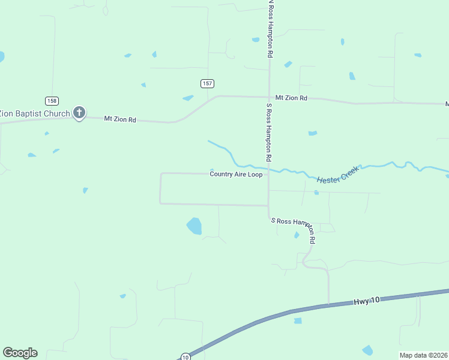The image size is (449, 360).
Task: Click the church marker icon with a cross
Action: (x=79, y=112)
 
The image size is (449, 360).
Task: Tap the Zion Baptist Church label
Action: (x=35, y=112)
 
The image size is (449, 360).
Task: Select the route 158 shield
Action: (x=52, y=100)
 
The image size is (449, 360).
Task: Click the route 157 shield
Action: (x=207, y=83)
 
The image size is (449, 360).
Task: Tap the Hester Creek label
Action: (x=337, y=174)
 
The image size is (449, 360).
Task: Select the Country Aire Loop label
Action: (x=236, y=174)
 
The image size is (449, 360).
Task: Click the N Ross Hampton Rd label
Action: (x=271, y=29)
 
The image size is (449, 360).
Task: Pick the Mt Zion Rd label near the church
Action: (x=120, y=119)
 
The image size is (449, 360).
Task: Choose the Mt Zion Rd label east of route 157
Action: (x=291, y=98)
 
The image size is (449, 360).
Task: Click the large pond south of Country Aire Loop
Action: (x=194, y=226)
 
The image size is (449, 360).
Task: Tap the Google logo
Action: (x=20, y=353)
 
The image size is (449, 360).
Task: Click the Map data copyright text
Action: (x=424, y=355)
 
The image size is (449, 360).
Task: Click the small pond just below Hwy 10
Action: (x=298, y=321)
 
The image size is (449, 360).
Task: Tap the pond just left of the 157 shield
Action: (x=188, y=98)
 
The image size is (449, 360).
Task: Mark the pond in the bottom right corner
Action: (x=367, y=350)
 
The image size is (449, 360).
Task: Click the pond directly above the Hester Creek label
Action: (x=312, y=133)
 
